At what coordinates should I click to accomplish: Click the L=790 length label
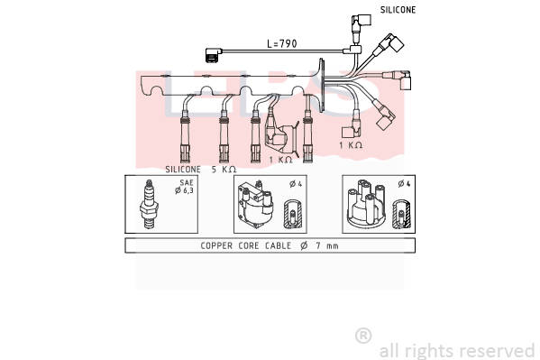tap(281, 44)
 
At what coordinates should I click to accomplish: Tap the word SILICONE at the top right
tap(398, 10)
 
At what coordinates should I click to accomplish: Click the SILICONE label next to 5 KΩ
tap(183, 170)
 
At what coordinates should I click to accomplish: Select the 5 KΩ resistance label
tap(224, 170)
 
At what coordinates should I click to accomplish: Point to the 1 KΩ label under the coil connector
tap(280, 160)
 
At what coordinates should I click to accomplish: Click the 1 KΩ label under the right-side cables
tap(351, 145)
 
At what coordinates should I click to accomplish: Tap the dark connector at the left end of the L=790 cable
tap(213, 55)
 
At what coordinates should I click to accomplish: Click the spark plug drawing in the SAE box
tap(149, 204)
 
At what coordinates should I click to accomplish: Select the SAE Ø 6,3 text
tap(184, 187)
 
